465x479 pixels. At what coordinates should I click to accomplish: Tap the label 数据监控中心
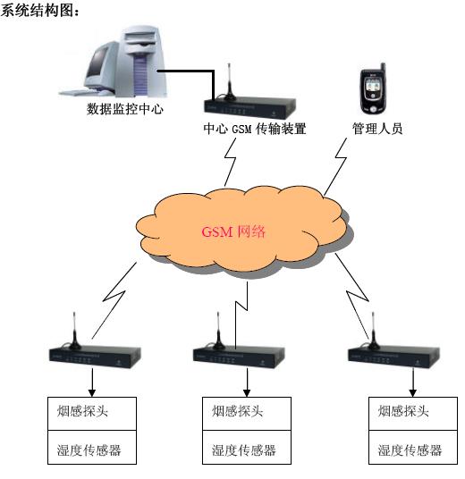pos(124,109)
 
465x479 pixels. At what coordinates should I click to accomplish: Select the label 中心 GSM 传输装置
pos(255,129)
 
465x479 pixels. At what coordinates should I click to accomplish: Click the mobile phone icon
pos(373,88)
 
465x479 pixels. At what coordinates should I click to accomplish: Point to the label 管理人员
pos(377,129)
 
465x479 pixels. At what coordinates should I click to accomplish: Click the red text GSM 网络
pos(233,231)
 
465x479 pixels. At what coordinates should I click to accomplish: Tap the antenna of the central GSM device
pos(229,82)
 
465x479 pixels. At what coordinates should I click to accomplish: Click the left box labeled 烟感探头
pos(92,414)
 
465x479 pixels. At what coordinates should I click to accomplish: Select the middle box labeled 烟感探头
pos(247,414)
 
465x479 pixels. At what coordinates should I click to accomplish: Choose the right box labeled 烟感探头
pos(413,414)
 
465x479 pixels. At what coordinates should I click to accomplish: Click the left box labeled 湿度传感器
pos(92,448)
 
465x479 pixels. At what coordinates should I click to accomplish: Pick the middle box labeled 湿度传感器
pos(247,448)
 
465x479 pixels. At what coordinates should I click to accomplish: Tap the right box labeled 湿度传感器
pos(413,448)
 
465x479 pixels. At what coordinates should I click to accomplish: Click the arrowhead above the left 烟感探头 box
pos(92,393)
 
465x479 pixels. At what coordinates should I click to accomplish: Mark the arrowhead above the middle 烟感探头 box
pos(247,393)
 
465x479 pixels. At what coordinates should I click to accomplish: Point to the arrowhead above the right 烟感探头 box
pos(413,393)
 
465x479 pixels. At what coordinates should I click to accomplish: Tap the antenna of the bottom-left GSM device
pos(74,331)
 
